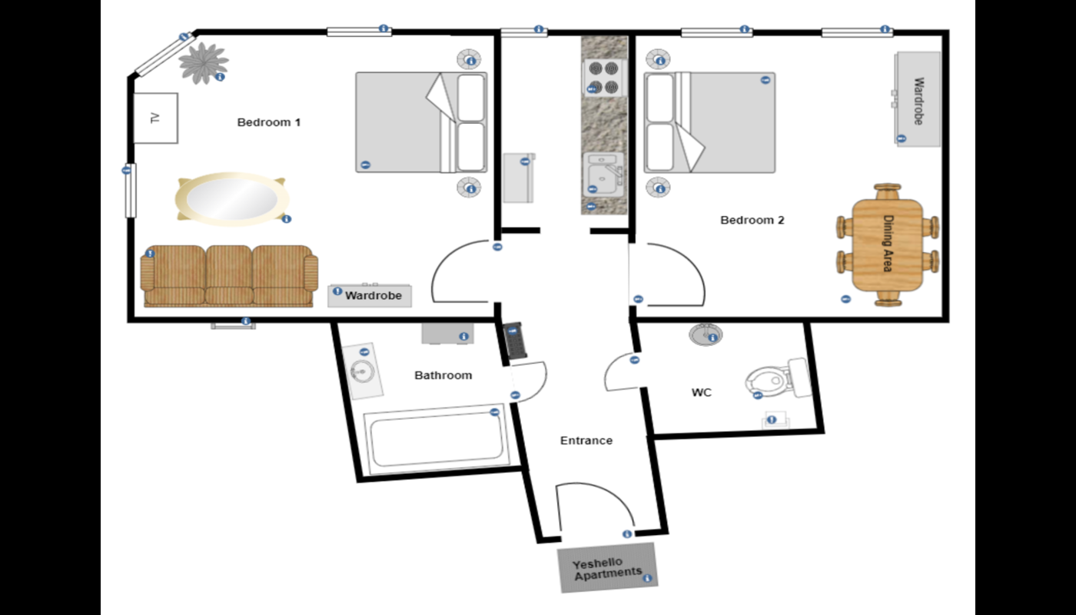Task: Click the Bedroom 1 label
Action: [268, 122]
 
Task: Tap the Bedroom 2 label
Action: [752, 220]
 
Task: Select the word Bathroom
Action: [443, 375]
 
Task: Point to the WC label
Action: [701, 393]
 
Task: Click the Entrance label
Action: [586, 440]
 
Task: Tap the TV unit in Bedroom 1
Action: [155, 118]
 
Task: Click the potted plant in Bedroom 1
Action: [203, 63]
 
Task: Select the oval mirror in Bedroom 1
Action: [232, 199]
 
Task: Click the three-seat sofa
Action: [229, 276]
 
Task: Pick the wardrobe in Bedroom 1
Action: [370, 295]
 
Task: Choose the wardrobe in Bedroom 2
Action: [918, 99]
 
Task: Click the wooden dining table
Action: [888, 245]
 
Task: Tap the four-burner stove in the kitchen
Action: [604, 78]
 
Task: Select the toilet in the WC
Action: [777, 379]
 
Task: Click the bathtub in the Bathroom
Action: [437, 440]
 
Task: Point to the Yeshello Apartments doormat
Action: [608, 567]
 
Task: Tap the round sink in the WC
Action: [706, 334]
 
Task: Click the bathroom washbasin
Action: [363, 371]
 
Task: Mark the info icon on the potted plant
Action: [220, 77]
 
